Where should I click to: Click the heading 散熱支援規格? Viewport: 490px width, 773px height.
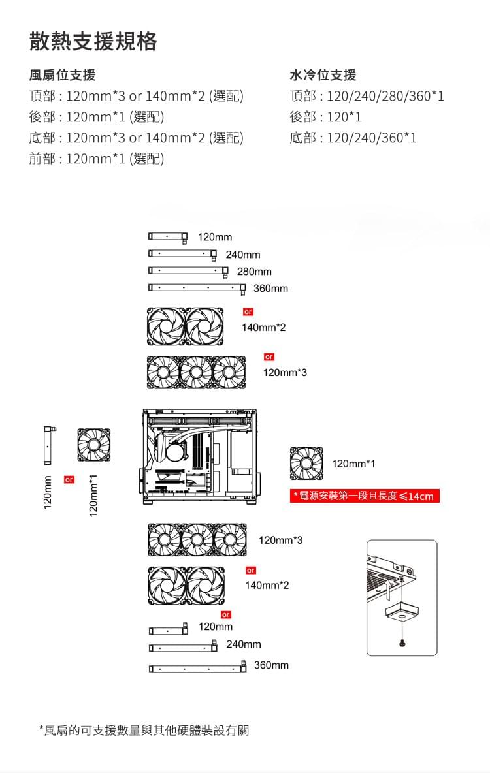pyautogui.click(x=93, y=41)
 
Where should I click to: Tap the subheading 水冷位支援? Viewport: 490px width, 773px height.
pyautogui.click(x=323, y=75)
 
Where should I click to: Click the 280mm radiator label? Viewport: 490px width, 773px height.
pyautogui.click(x=254, y=271)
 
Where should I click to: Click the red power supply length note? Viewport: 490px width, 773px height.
pyautogui.click(x=365, y=496)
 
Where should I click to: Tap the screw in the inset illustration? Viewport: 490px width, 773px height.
pyautogui.click(x=401, y=643)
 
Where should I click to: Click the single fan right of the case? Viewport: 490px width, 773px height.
pyautogui.click(x=306, y=463)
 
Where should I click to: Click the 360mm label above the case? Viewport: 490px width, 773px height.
pyautogui.click(x=270, y=289)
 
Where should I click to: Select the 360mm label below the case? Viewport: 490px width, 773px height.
pyautogui.click(x=270, y=665)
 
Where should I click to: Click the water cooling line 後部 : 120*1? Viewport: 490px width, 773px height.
pyautogui.click(x=325, y=117)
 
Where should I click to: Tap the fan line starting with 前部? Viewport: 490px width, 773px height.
pyautogui.click(x=97, y=159)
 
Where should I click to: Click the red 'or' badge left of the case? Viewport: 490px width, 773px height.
pyautogui.click(x=68, y=480)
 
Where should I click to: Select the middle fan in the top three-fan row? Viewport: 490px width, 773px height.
pyautogui.click(x=197, y=373)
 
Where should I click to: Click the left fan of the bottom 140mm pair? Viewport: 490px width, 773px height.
pyautogui.click(x=167, y=584)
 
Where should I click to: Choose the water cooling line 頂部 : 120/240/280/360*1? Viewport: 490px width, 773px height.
pyautogui.click(x=367, y=96)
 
